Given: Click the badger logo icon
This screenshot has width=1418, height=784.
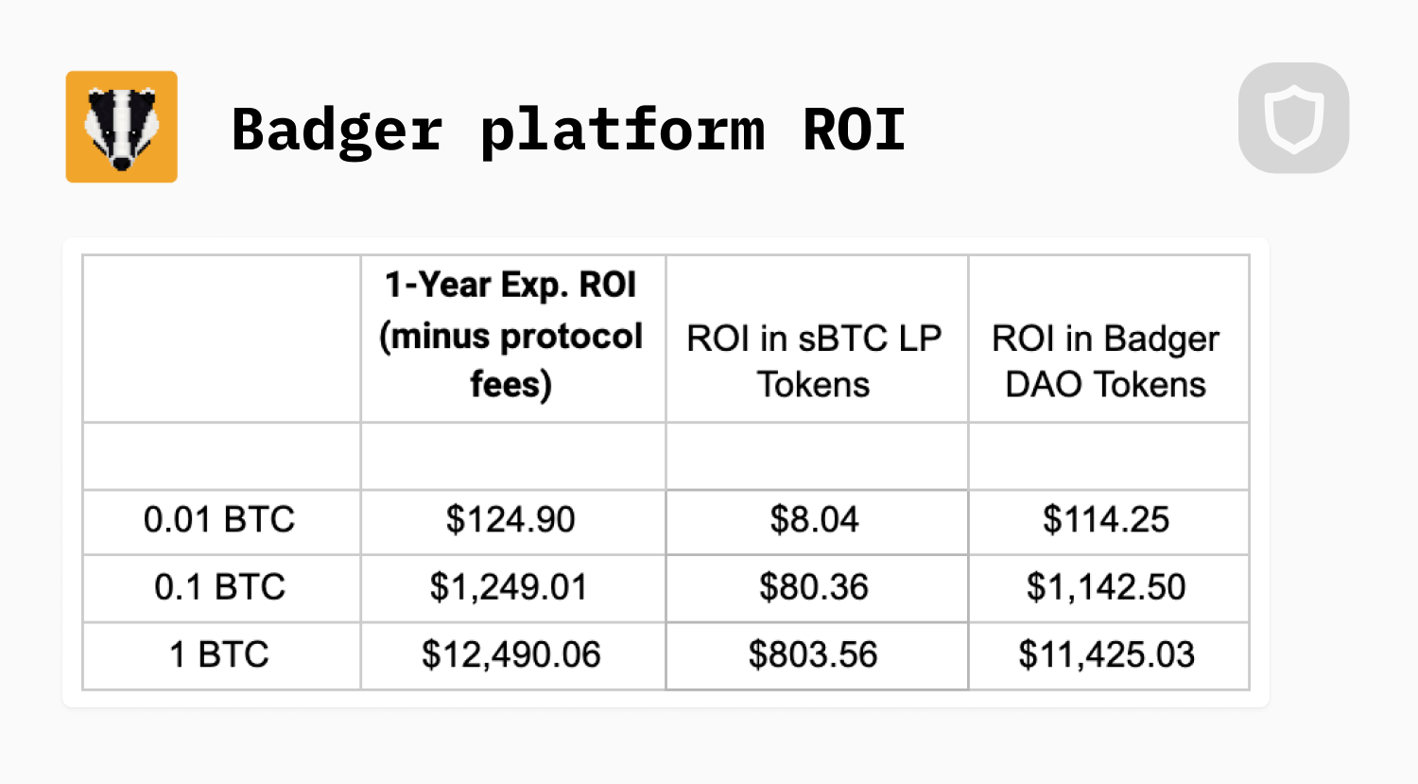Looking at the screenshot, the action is click(122, 127).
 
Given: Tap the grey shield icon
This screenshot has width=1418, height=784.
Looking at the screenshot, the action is click(1293, 118).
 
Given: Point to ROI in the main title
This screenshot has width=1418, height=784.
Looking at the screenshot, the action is click(854, 130).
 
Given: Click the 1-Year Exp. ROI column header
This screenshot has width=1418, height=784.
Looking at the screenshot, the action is click(510, 335).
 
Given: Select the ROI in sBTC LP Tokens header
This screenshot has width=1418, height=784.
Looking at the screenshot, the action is click(814, 361).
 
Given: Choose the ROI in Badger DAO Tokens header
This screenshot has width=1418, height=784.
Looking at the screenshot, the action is click(1105, 361).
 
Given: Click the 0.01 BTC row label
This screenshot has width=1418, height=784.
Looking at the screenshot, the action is click(219, 519).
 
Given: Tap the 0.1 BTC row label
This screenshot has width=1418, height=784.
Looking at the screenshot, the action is click(219, 586).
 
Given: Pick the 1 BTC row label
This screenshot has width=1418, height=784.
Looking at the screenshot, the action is click(219, 654).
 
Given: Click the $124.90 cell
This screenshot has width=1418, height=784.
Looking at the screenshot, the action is click(510, 519).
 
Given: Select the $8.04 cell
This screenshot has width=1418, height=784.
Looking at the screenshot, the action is click(814, 519).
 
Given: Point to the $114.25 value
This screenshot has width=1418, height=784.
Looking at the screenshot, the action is click(1106, 519).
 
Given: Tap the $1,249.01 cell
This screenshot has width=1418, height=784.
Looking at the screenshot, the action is click(509, 586).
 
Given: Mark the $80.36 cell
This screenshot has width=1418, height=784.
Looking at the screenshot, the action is click(813, 586).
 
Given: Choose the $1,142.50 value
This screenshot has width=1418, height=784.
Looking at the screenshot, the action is click(1106, 586).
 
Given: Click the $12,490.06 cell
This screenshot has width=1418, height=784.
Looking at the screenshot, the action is click(510, 654).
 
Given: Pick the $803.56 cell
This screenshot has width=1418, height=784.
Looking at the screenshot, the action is click(813, 654).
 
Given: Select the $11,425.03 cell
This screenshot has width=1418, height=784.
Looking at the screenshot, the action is click(1107, 654).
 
